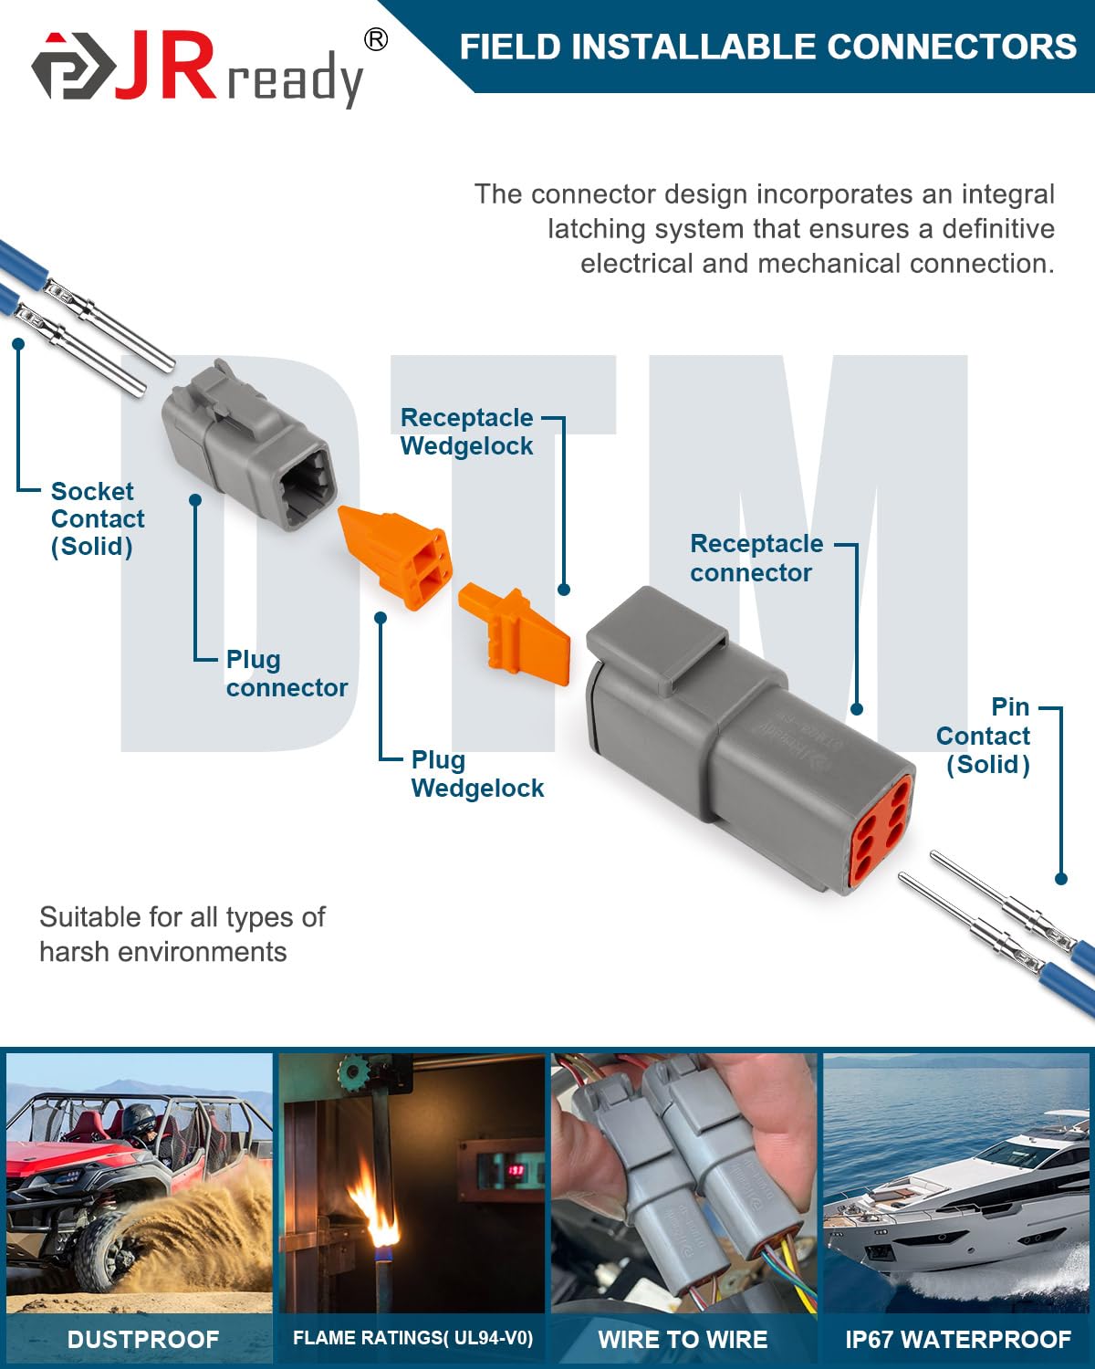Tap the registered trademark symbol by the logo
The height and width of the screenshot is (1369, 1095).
point(375,39)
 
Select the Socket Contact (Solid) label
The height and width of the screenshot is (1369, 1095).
point(97,518)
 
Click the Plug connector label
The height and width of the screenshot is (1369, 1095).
point(286,674)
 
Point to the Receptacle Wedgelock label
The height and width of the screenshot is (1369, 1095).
point(466,432)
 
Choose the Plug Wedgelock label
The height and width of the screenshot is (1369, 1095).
point(476,774)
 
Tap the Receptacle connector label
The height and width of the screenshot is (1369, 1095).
point(756,558)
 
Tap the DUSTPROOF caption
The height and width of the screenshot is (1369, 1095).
point(143,1339)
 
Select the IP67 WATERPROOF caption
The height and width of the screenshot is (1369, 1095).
point(957,1339)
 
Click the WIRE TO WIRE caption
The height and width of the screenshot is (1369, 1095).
point(683,1339)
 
